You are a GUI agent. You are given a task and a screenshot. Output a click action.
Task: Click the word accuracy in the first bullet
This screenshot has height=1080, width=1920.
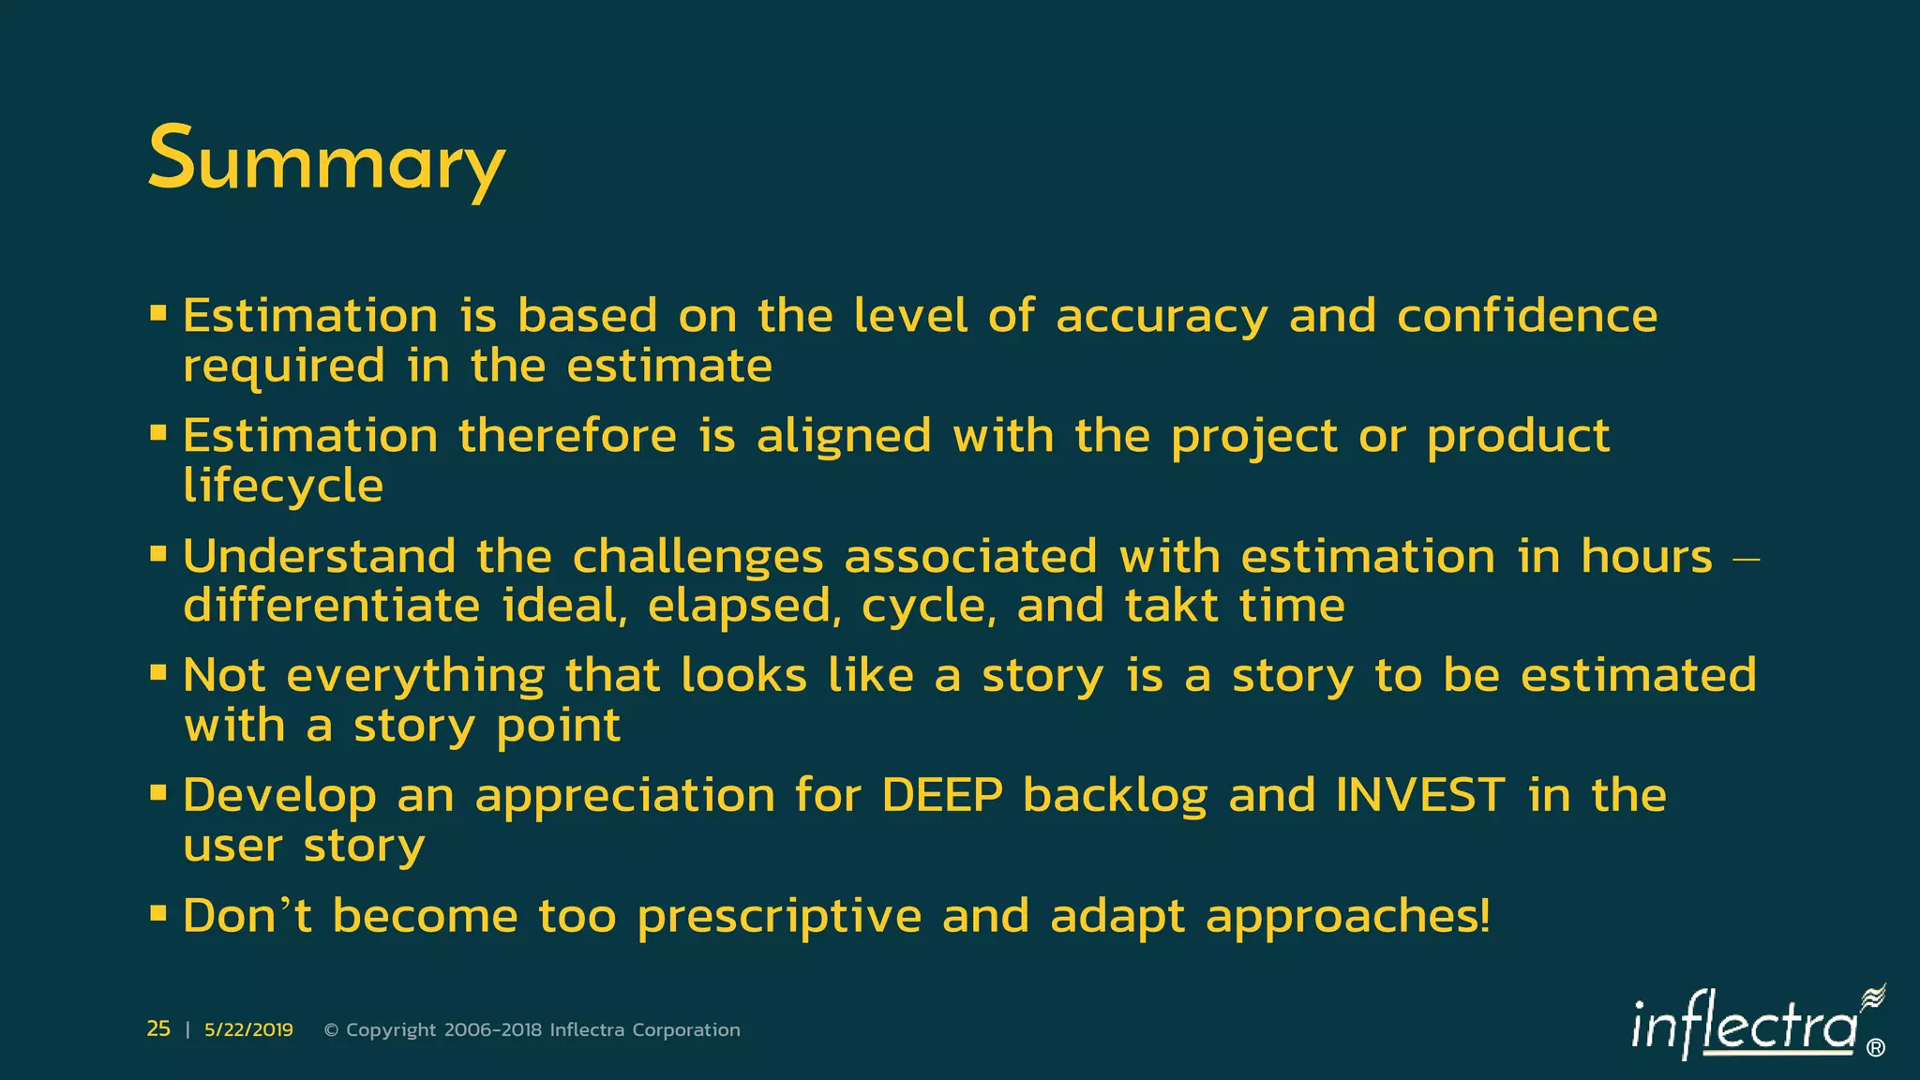tap(1162, 317)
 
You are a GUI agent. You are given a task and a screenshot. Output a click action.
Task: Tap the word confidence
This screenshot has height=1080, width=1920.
tap(1527, 315)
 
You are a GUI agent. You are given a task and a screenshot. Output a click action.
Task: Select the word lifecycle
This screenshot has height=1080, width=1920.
tap(283, 487)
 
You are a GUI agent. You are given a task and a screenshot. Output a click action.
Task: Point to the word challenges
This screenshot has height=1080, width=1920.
tap(697, 558)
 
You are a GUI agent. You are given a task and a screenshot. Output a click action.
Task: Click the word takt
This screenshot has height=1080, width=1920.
tap(1172, 606)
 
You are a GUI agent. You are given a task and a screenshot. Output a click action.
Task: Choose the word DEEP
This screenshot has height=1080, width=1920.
tap(942, 796)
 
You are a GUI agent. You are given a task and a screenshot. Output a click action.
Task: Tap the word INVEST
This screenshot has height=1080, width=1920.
tap(1421, 796)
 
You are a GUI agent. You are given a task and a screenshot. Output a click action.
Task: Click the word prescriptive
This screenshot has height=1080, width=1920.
tap(779, 917)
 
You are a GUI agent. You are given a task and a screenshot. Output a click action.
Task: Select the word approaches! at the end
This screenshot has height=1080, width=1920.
tap(1348, 917)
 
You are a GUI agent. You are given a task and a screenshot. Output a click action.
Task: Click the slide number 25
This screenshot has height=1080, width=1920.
tap(158, 1029)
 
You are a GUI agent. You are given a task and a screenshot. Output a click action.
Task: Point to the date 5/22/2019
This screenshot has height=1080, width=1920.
tap(248, 1030)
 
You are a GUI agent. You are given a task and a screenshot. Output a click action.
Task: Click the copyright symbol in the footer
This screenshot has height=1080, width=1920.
tap(331, 1030)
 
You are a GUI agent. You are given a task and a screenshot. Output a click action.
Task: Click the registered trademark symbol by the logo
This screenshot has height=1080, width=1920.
tap(1876, 1048)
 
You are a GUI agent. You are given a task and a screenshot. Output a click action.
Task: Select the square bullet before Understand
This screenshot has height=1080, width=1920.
tap(158, 554)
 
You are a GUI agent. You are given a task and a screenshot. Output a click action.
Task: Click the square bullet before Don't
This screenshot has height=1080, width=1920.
tap(158, 912)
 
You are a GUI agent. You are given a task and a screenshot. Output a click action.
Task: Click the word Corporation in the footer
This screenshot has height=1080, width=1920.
tap(686, 1030)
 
